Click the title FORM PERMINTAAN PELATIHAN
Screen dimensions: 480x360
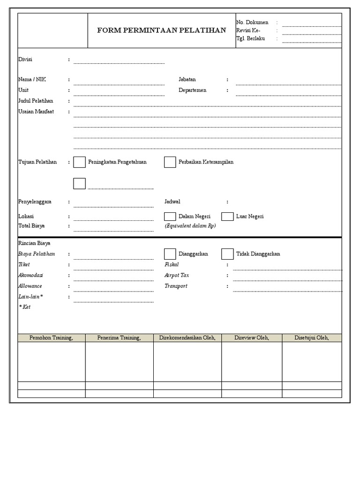[161, 30]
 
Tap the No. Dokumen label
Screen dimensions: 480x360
[252, 22]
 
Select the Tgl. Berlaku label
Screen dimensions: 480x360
[251, 38]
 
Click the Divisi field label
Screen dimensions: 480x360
[25, 60]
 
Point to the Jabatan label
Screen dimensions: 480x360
[187, 80]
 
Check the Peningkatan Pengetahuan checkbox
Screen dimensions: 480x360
[80, 162]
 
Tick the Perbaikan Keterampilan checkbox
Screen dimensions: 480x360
[170, 162]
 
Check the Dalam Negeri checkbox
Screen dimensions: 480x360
[170, 217]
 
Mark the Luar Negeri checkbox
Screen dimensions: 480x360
[227, 217]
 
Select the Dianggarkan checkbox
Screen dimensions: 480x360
[170, 254]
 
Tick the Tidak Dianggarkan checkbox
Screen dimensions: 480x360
[227, 254]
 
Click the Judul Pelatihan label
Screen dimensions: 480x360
[36, 101]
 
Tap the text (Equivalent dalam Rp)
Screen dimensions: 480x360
[190, 225]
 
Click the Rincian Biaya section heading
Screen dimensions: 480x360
[34, 243]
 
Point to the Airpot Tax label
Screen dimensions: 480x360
[177, 275]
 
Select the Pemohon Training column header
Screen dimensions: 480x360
[51, 337]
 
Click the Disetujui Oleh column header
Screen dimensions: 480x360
[312, 337]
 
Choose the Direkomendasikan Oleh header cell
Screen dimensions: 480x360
[187, 337]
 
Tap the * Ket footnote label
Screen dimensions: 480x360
[24, 307]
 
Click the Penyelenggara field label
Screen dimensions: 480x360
[35, 202]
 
